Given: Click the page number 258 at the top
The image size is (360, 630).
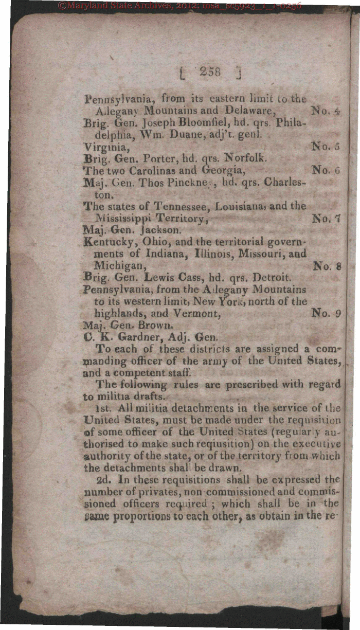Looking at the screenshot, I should tap(210, 72).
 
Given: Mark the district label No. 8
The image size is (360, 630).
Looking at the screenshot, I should tap(327, 266).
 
